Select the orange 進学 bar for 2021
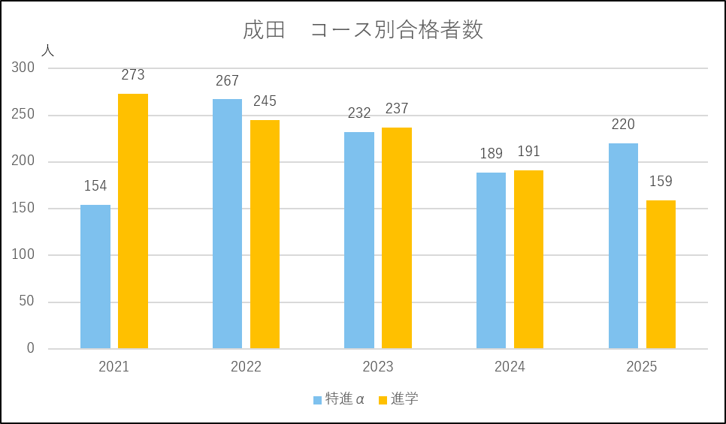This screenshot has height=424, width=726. click(133, 221)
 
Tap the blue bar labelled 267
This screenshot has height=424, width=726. click(227, 224)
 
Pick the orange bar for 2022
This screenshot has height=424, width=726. click(265, 234)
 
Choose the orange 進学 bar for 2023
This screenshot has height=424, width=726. click(397, 238)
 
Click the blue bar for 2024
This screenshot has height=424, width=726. click(491, 260)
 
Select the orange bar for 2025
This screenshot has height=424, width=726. click(661, 274)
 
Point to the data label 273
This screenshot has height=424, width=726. click(133, 75)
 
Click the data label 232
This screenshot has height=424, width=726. click(359, 113)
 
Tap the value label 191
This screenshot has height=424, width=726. click(528, 152)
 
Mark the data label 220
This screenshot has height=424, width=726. click(623, 125)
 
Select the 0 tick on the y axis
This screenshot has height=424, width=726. click(31, 348)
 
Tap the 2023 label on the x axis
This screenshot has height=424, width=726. click(378, 367)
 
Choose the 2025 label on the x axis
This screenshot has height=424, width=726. click(642, 367)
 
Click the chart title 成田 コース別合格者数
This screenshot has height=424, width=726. click(363, 30)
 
